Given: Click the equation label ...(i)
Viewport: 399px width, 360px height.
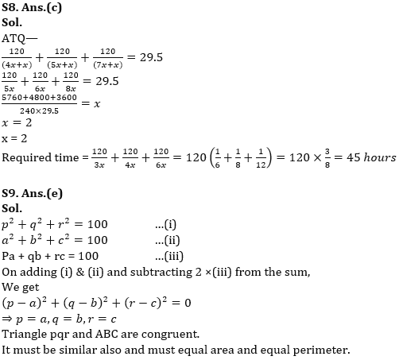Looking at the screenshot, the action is click(164, 224).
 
